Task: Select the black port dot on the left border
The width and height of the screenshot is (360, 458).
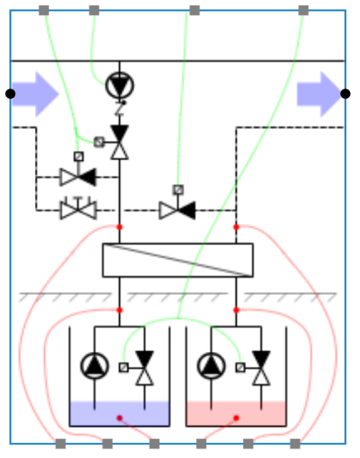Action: [10, 93]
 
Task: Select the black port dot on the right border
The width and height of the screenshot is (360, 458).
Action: [346, 93]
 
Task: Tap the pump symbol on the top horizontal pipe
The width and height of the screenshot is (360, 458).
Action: [119, 85]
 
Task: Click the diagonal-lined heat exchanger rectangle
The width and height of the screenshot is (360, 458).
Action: [178, 260]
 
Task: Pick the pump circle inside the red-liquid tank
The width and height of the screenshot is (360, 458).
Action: [211, 365]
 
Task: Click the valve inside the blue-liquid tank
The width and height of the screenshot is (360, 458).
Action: [145, 368]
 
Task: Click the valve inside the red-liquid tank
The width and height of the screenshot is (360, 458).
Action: [262, 368]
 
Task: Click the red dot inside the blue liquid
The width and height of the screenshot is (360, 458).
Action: [120, 417]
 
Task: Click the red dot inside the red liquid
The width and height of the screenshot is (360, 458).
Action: [236, 417]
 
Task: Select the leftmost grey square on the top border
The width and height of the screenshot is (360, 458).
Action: [44, 10]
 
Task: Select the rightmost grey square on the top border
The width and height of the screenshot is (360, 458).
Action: [303, 10]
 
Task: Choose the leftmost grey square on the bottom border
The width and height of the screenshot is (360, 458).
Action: [61, 444]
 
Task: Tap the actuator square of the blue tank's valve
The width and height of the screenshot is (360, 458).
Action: [124, 368]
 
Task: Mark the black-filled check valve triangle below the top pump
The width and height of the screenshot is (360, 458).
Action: [120, 132]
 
